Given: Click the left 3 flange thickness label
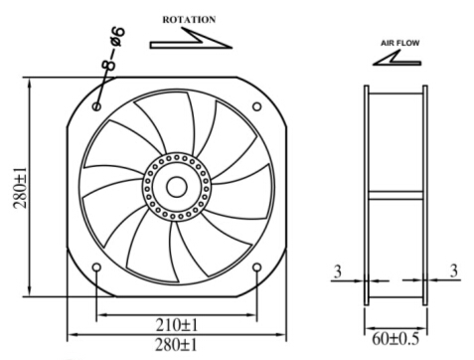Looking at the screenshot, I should [339, 270].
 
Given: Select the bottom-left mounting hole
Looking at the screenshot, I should [96, 268].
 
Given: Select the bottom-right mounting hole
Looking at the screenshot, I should [257, 268].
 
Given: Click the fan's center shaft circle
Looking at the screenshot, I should [177, 185].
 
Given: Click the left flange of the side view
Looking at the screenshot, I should [368, 189].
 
